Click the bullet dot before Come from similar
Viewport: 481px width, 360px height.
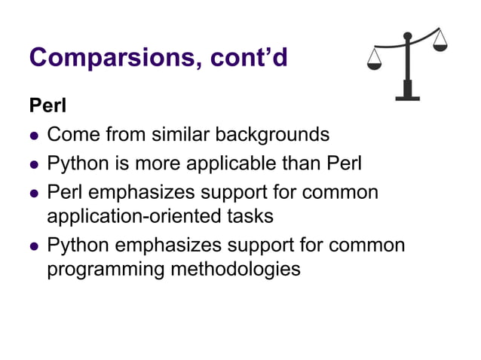tap(33, 136)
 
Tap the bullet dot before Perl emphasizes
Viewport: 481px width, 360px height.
tap(33, 193)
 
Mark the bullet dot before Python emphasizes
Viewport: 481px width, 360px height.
tap(33, 246)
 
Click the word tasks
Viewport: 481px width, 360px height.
tap(249, 216)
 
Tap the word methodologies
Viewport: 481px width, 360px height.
tap(238, 269)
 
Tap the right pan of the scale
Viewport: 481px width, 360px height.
tap(440, 45)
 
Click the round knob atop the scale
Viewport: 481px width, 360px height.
tap(408, 35)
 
